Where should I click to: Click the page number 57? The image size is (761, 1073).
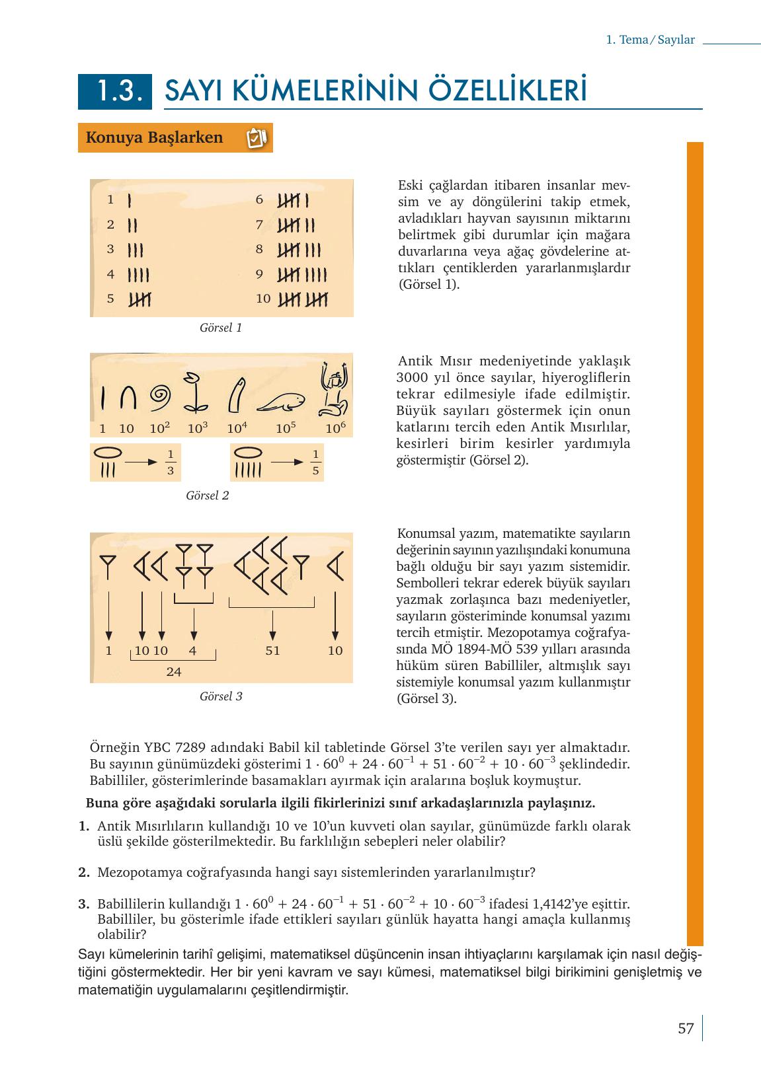686,1029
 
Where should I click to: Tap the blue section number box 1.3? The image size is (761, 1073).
115,91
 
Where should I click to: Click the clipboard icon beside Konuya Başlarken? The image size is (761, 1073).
256,138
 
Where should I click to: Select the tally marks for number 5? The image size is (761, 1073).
140,299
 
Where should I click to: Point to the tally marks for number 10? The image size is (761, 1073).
303,299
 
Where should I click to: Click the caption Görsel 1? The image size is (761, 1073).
221,328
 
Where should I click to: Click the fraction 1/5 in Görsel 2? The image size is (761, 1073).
316,462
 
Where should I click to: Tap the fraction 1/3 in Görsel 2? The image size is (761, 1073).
171,462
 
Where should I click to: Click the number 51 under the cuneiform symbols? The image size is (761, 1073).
272,651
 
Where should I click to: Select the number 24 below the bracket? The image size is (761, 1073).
174,672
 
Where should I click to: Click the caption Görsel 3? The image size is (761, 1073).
221,696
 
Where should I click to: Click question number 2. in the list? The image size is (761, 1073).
84,872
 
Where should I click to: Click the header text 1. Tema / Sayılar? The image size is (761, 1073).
651,40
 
